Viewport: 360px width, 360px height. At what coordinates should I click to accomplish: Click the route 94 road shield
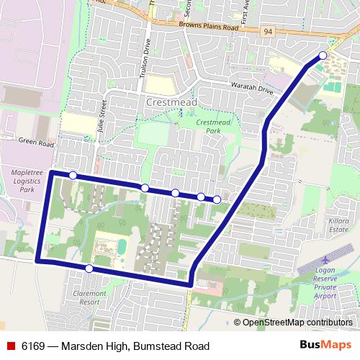click(269, 31)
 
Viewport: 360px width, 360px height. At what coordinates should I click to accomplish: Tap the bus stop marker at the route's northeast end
click(323, 55)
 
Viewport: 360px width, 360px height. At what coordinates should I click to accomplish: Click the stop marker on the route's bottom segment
click(89, 269)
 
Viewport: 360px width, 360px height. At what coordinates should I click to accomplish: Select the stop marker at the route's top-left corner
click(73, 175)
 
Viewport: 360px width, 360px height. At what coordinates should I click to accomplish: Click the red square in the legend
click(10, 346)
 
